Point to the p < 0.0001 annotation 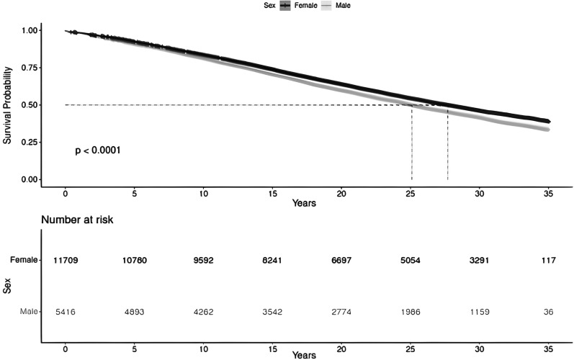(x=97, y=151)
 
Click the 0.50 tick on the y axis (x=30, y=105)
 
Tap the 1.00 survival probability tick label (x=30, y=31)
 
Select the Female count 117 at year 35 (x=550, y=258)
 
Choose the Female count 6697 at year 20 (x=342, y=258)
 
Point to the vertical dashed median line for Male (x=412, y=144)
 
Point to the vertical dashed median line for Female (x=448, y=144)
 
